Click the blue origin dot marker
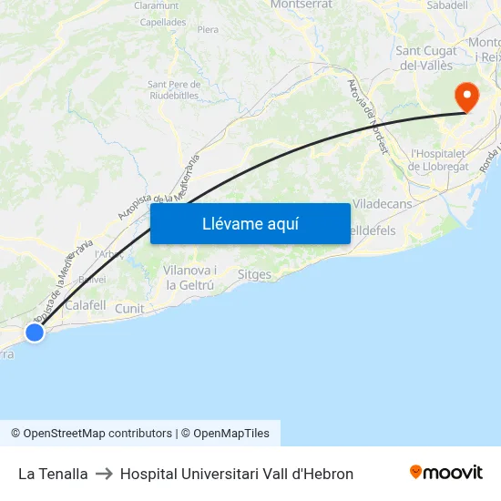coord(35,332)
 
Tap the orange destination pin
coord(466,96)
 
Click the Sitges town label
coord(254,274)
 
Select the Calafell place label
coord(86,305)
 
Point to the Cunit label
coord(129,309)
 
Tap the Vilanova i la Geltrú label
coord(189,277)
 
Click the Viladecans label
coord(382,204)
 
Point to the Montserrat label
coord(300,5)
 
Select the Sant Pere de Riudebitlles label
coord(173,89)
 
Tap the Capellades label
coord(163,22)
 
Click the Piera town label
coord(208,29)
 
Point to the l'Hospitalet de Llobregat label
coord(439,159)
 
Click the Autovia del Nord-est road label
coord(368,116)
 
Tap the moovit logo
coord(445,472)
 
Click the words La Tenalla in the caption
coord(53,474)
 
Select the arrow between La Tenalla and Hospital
coord(104,474)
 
